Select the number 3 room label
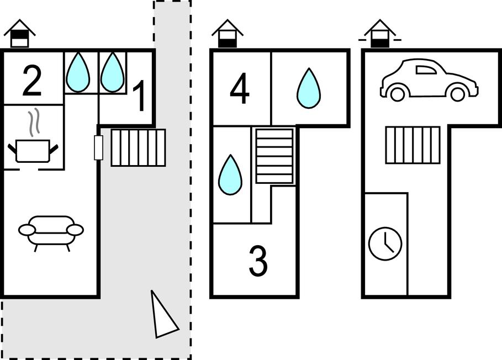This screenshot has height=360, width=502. (x=258, y=261)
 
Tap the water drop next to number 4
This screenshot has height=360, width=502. (x=308, y=88)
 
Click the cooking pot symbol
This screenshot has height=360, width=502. (x=33, y=150)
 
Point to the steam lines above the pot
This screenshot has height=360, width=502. (x=35, y=122)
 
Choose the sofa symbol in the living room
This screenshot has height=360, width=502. (x=51, y=231)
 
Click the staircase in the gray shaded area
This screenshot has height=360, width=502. (x=139, y=147)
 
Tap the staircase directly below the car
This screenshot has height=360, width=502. (x=413, y=145)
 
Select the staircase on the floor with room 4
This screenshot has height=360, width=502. (x=274, y=155)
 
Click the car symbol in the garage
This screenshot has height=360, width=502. (x=429, y=80)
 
